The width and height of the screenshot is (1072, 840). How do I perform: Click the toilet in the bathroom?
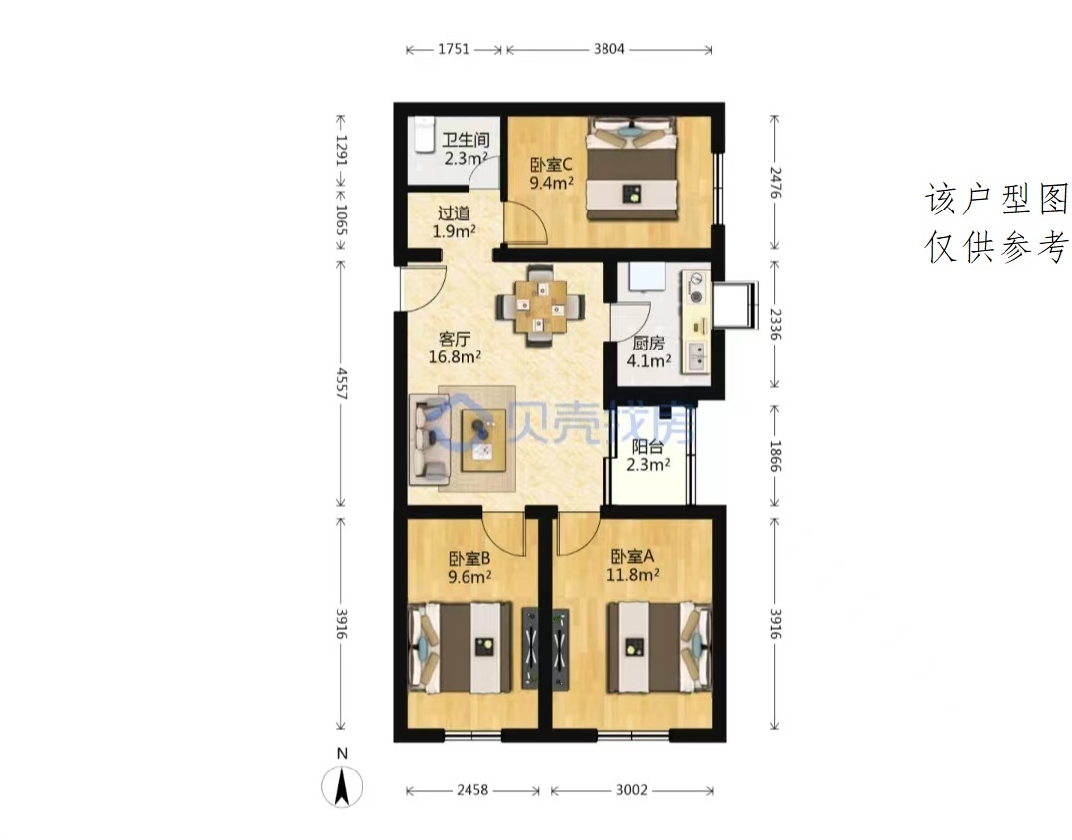pos(423,135)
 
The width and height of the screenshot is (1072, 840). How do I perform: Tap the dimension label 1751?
pos(454,49)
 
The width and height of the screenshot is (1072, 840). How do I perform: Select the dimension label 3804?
pos(608,49)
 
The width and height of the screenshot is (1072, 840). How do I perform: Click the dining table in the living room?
pos(541,305)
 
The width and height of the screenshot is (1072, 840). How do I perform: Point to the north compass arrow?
pos(342,786)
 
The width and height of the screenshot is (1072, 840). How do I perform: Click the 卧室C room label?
pos(551,165)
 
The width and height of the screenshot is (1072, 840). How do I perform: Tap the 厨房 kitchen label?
pos(648,343)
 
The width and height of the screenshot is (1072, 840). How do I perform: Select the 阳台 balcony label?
pos(647,447)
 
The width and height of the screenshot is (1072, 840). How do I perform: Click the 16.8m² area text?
pos(455,356)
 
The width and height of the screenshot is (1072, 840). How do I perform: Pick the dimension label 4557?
pos(342,384)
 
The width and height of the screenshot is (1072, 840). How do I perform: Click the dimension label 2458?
pos(472,790)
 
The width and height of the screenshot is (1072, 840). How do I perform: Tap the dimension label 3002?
pos(631,790)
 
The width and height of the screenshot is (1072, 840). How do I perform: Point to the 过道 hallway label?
pos(454,213)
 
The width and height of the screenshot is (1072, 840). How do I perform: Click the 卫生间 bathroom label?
pos(466,140)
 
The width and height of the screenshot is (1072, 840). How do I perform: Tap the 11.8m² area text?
pos(633,575)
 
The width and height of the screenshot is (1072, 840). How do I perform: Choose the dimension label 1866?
pos(775,456)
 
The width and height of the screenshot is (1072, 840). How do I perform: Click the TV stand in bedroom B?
pos(530,647)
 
